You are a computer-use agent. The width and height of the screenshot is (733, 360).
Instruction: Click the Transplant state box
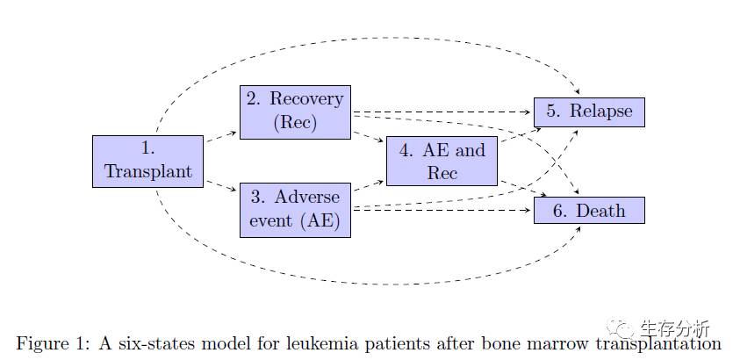coord(147,161)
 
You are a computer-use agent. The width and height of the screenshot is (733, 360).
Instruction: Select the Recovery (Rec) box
coord(295,112)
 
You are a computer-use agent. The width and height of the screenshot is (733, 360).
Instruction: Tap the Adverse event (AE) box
coord(295,210)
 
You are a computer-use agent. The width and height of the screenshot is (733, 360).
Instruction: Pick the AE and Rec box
coord(442,161)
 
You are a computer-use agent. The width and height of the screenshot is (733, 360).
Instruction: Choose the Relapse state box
coord(589,112)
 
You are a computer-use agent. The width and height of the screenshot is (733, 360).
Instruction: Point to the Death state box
coord(589,211)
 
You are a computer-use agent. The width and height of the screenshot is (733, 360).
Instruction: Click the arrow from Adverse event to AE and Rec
coord(369,185)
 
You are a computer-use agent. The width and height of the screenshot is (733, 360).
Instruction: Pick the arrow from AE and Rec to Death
coord(524,189)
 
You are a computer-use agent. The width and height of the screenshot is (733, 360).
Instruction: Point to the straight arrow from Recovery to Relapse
coord(442,112)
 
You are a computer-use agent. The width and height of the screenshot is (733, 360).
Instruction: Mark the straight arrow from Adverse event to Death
coord(442,211)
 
